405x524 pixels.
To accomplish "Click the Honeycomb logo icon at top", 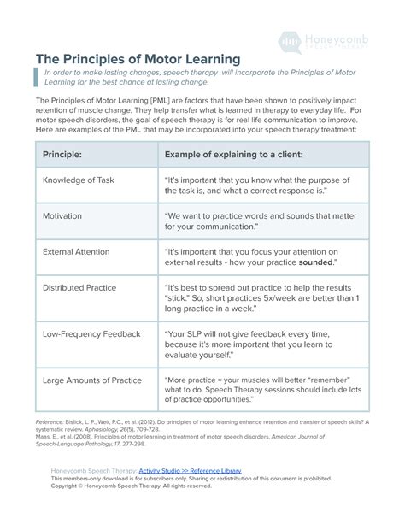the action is pos(291,41).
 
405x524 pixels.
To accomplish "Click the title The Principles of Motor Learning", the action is pos(138,60).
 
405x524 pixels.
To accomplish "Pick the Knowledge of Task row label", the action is pos(78,180).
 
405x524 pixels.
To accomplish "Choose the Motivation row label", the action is pos(62,216).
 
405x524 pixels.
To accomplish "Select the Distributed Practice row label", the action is pos(79,288).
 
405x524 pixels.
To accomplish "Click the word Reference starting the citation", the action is pos(49,421).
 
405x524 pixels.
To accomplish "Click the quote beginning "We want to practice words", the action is pos(249,222).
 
